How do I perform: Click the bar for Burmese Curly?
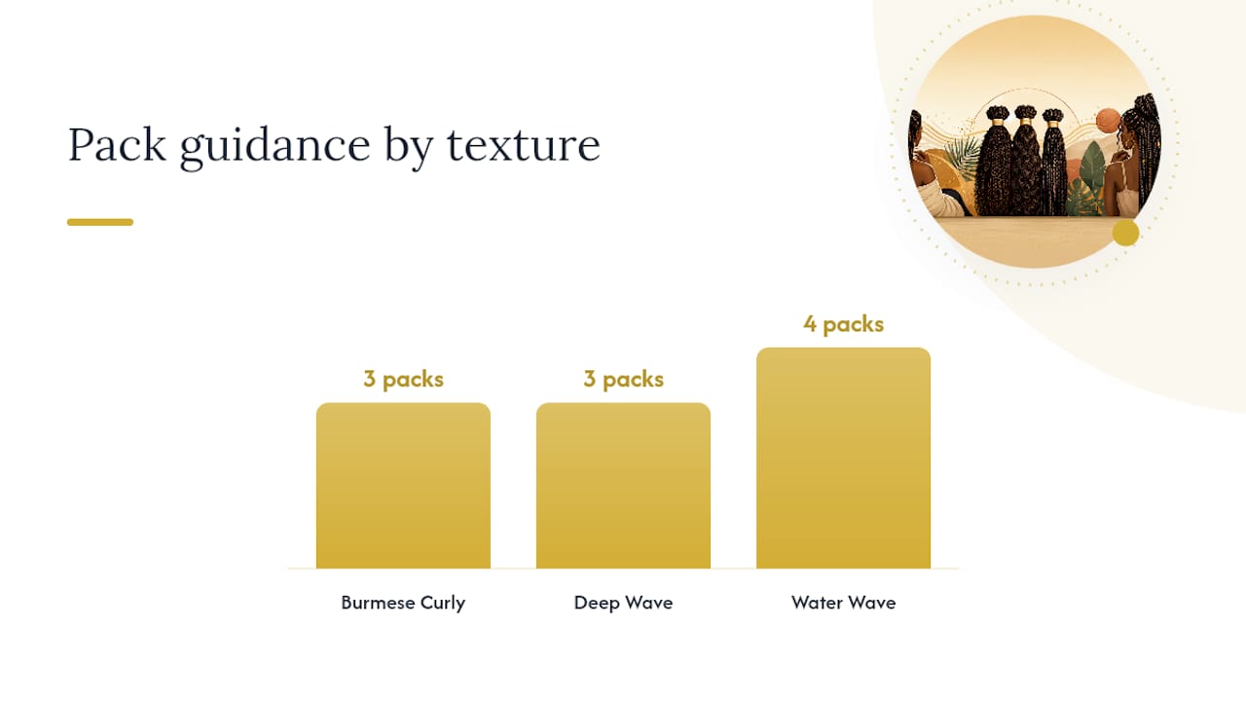pos(403,486)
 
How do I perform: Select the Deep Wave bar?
pos(623,486)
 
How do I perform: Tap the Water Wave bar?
pos(843,458)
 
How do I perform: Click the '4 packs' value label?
pos(843,324)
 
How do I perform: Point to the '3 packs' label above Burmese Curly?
pos(403,379)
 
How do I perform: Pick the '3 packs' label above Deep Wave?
pos(624,379)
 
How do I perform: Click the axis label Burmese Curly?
pos(403,603)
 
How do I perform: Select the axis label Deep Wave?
pos(624,603)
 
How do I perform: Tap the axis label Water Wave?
pos(843,603)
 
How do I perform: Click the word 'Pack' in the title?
pos(117,145)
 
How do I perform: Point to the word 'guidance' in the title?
pos(275,147)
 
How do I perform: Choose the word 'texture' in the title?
pos(524,146)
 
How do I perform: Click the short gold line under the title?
pos(100,222)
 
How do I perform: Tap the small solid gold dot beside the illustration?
pos(1125,233)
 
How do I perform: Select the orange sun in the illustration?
pos(1108,122)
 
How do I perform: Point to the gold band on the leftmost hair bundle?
pos(998,121)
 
